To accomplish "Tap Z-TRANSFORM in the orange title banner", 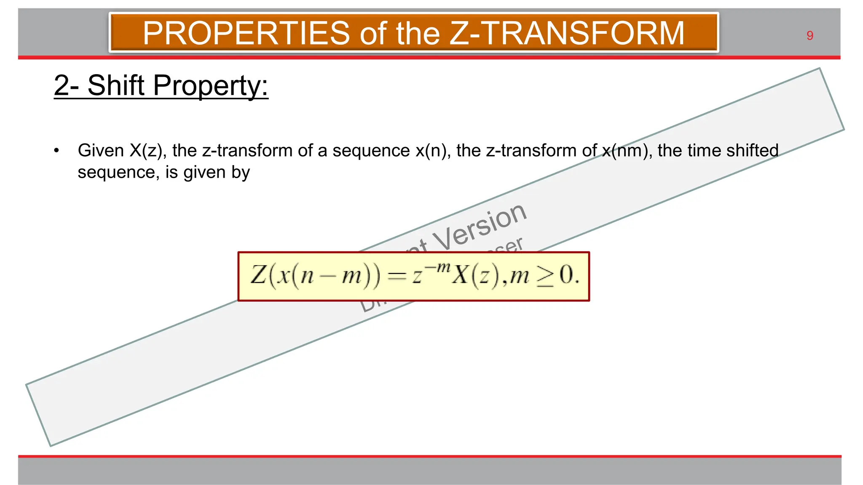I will (567, 33).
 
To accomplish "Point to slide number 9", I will (809, 36).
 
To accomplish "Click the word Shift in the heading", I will (116, 85).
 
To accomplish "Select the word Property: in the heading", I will (210, 86).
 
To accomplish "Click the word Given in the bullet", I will (101, 151).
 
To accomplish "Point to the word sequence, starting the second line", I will (118, 173).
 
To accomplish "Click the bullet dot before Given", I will (56, 151).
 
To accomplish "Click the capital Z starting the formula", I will (258, 275).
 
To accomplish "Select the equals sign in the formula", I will (397, 277).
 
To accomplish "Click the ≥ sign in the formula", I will (544, 278).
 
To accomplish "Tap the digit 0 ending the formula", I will (566, 275).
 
